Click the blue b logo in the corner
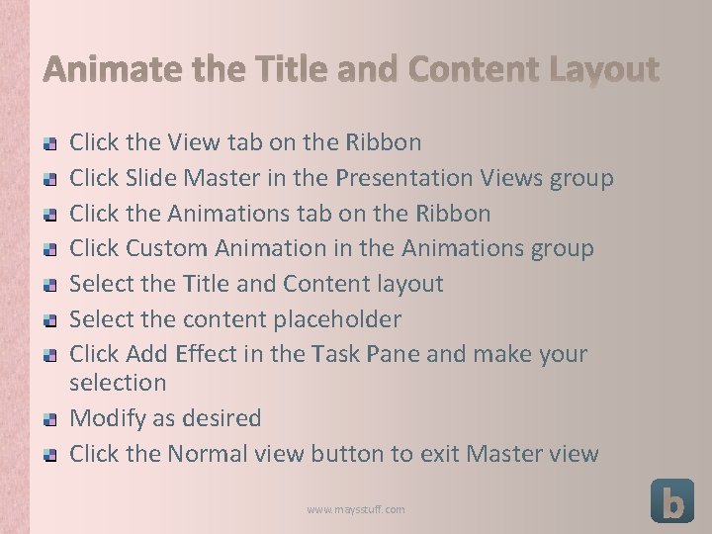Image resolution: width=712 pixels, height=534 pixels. (671, 500)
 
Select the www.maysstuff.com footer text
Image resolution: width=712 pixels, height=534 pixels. (355, 509)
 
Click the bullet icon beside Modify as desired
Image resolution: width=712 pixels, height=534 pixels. (49, 420)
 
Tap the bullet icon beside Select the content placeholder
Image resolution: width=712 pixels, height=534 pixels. (49, 320)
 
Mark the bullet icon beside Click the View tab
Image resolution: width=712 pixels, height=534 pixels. (49, 143)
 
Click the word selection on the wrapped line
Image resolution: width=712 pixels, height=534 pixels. (118, 382)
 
